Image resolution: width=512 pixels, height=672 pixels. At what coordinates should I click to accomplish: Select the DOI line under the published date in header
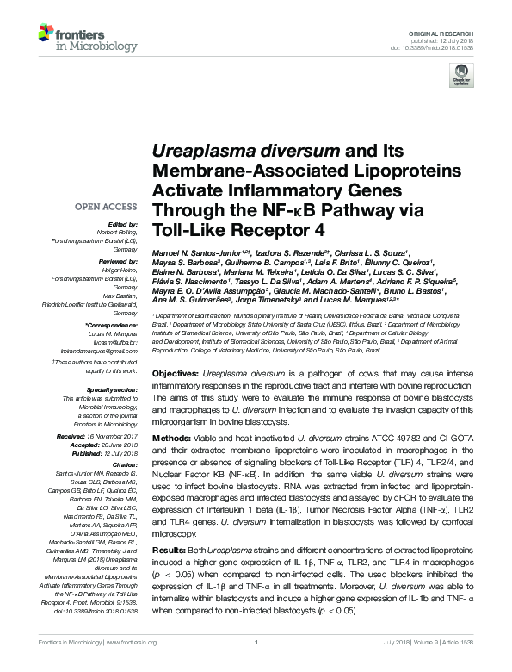coord(440,47)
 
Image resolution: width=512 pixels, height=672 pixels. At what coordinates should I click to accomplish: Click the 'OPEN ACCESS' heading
coord(106,207)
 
